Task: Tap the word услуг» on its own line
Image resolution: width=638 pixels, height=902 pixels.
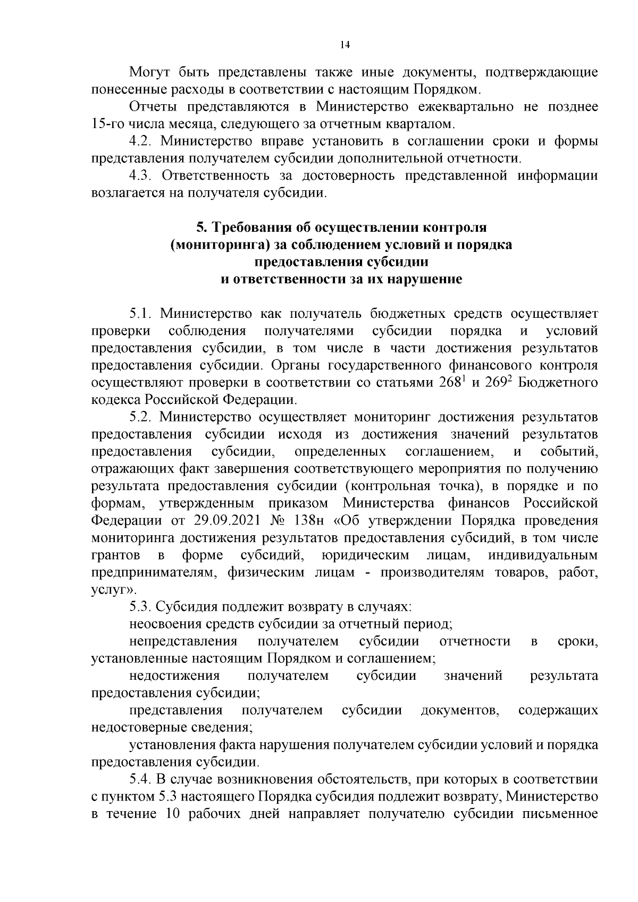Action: click(x=111, y=589)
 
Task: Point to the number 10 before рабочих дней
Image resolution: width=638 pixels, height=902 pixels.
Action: click(x=175, y=814)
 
